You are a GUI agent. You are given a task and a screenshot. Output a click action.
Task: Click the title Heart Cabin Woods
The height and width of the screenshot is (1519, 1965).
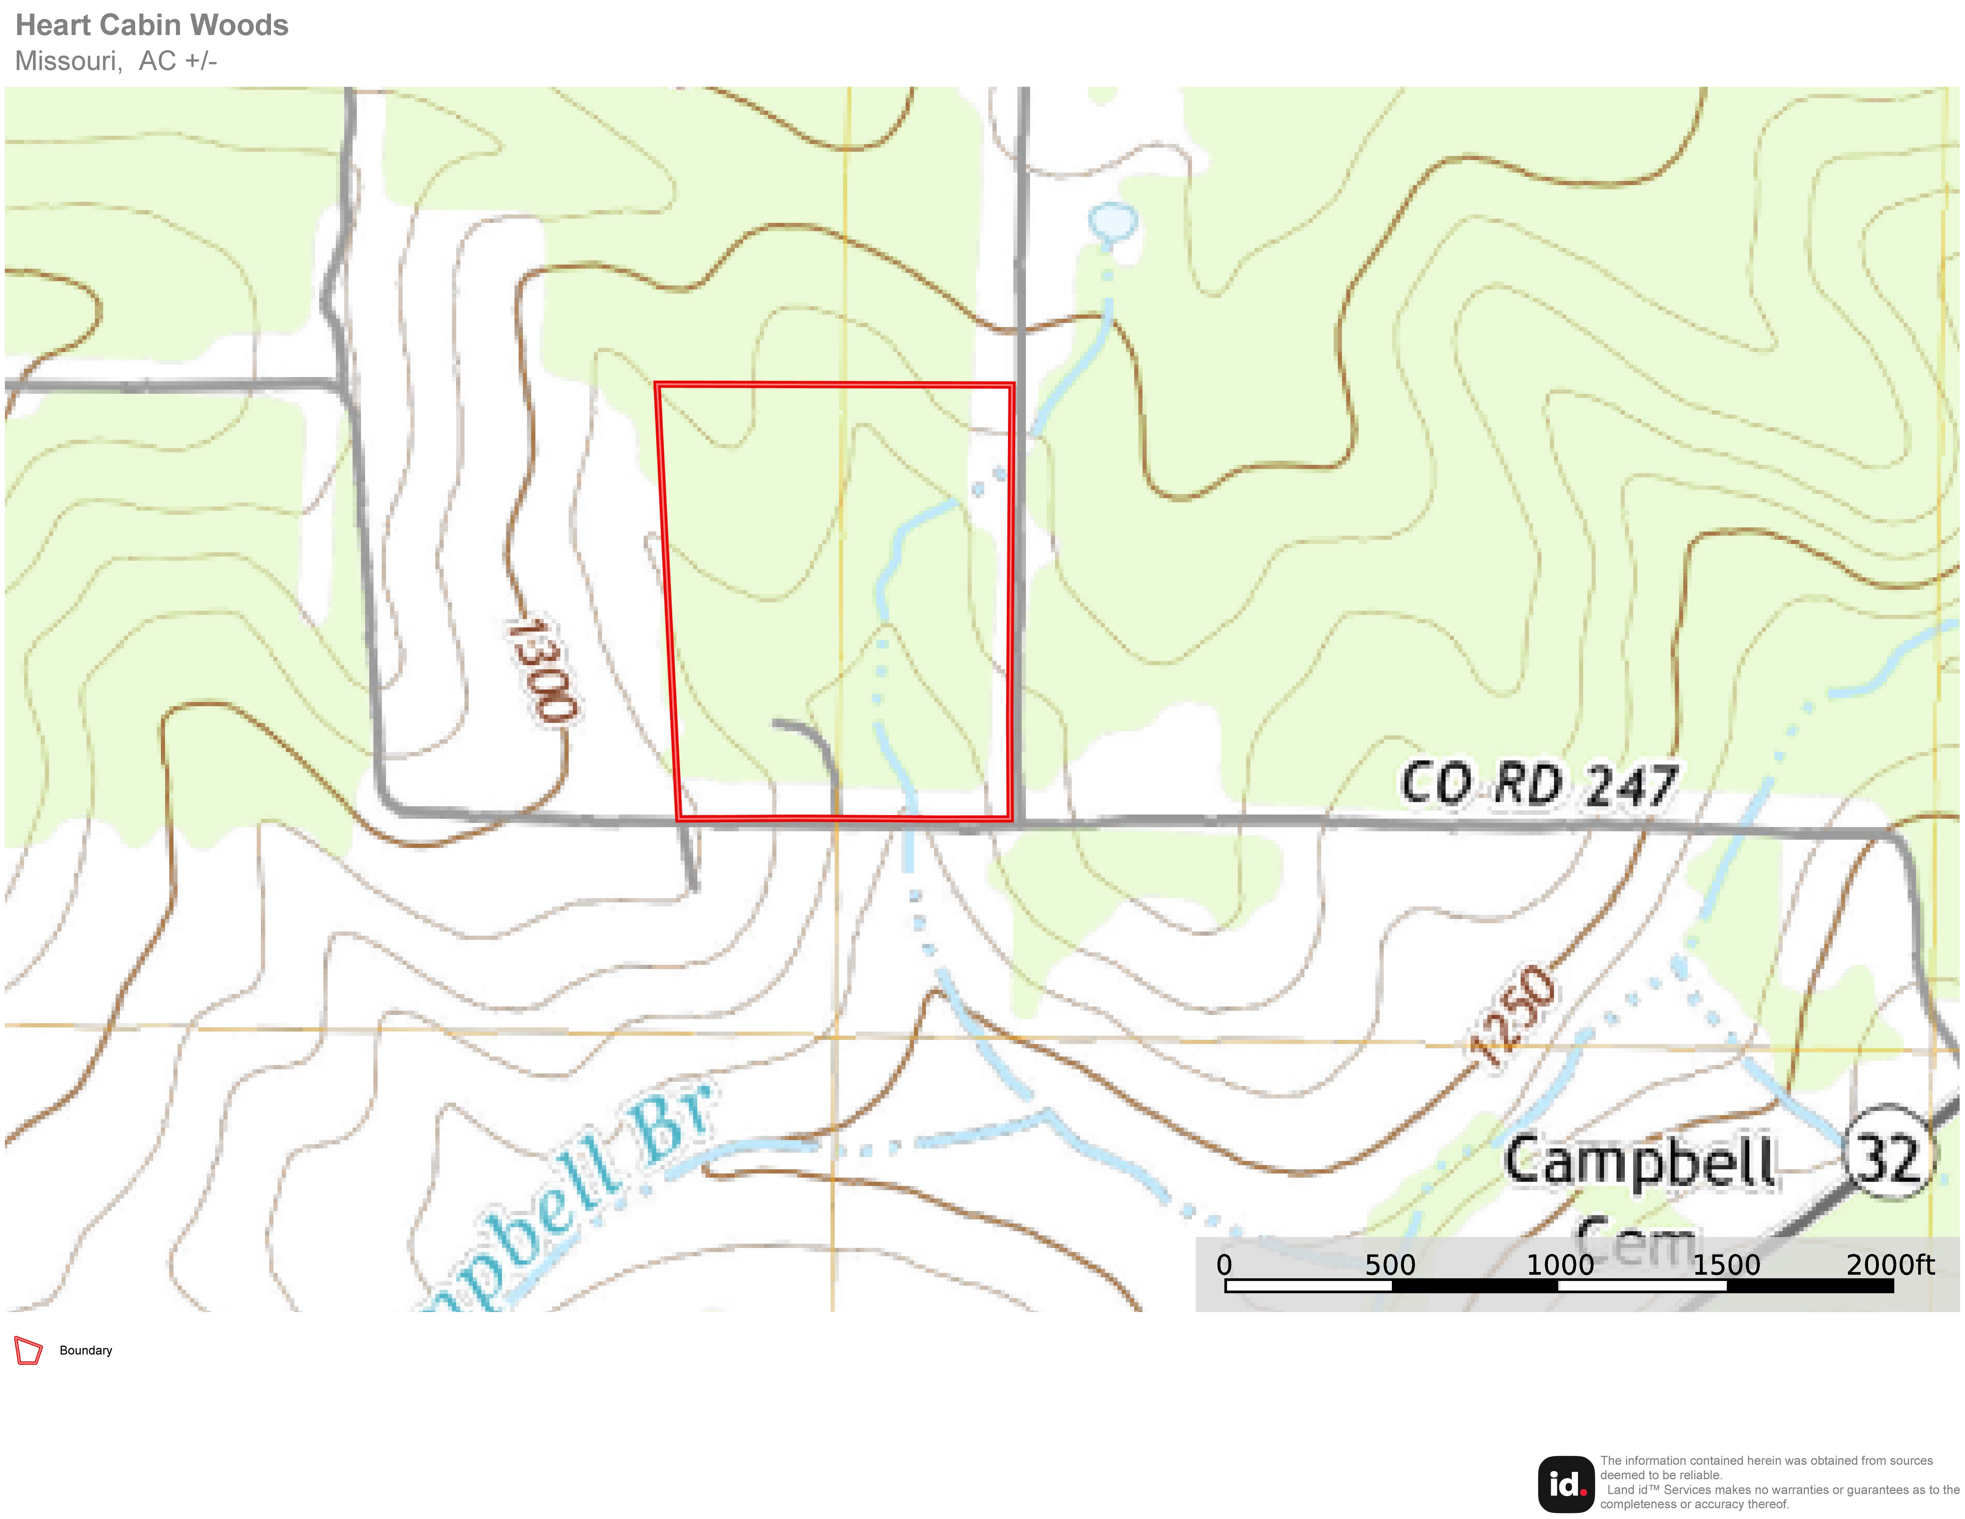pyautogui.click(x=151, y=25)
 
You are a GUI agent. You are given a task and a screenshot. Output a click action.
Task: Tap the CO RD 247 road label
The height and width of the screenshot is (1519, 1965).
pyautogui.click(x=1539, y=785)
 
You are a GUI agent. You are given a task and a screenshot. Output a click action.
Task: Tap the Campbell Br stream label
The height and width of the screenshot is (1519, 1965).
pyautogui.click(x=576, y=1197)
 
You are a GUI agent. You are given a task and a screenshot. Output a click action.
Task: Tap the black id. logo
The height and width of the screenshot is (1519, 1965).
pyautogui.click(x=1566, y=1484)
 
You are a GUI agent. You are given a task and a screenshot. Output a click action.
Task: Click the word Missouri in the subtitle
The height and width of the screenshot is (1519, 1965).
pyautogui.click(x=67, y=61)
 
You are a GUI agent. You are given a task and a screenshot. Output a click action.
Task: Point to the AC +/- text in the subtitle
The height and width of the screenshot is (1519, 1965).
pyautogui.click(x=178, y=61)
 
